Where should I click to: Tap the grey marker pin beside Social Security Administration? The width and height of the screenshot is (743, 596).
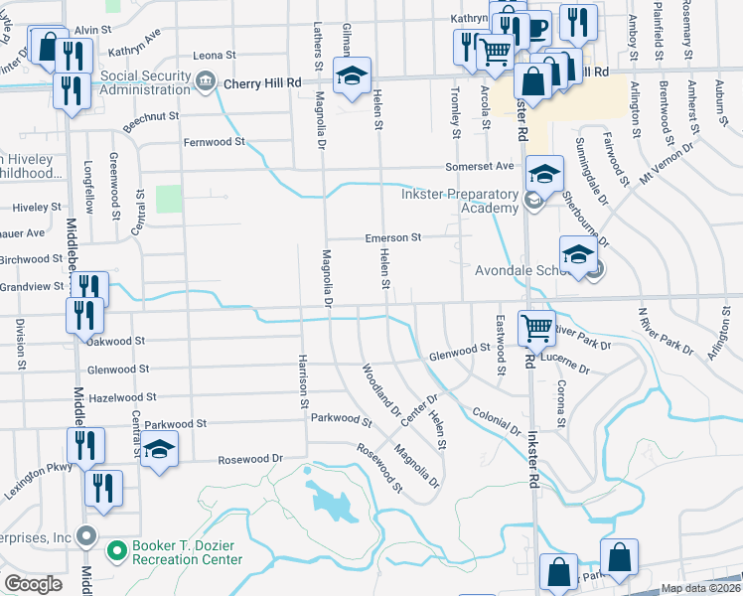coord(207,81)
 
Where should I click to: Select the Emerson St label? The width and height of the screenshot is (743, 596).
coord(393,237)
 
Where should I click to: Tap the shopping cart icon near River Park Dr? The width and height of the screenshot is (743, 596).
coord(536,326)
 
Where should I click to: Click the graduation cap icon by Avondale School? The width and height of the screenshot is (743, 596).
coord(579,253)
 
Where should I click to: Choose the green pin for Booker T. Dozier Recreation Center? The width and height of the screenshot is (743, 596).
coord(116,548)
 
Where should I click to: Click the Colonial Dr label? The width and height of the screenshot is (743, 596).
coord(497,420)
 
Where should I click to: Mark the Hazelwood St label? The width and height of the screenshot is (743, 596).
coord(118,396)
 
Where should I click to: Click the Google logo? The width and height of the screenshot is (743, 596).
coord(33,584)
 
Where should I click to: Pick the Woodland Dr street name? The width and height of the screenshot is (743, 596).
coord(380,392)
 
